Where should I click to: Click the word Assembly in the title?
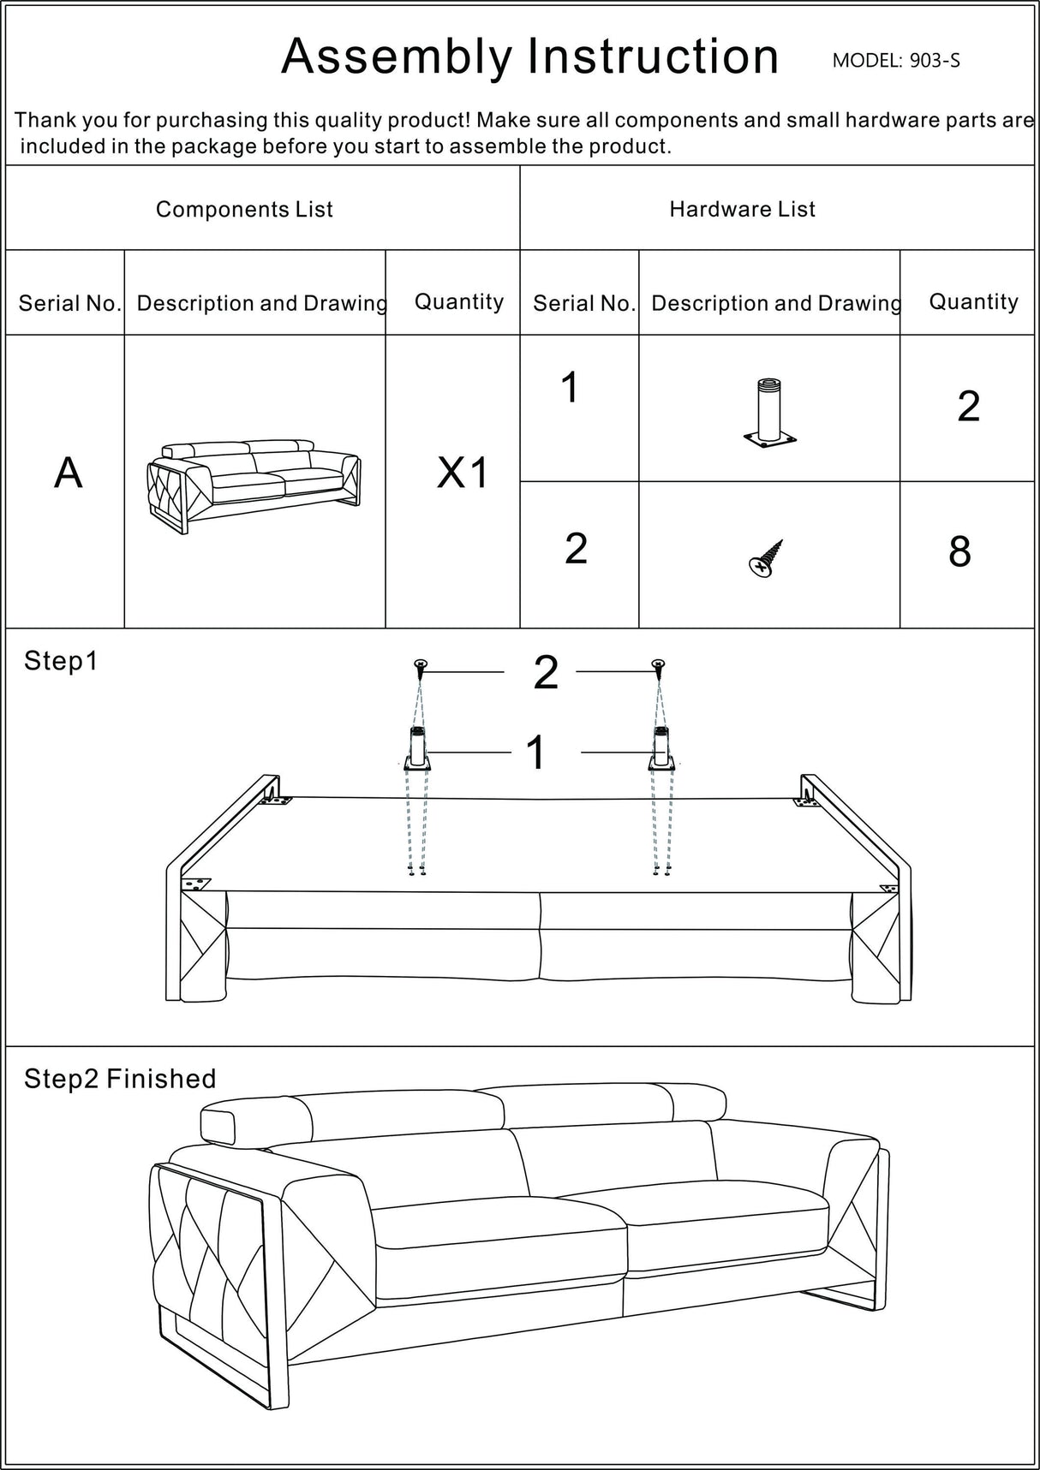[396, 57]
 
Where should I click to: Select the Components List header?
[244, 209]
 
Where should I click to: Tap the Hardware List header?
[742, 209]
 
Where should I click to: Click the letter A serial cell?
[69, 473]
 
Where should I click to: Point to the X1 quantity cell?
[462, 473]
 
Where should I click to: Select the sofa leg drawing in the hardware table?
[769, 414]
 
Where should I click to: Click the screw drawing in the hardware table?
[766, 558]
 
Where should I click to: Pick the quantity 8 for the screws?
[959, 553]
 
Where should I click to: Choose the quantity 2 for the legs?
[968, 406]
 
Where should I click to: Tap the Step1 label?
[61, 661]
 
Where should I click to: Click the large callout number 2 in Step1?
[546, 672]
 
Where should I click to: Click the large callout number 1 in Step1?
[535, 753]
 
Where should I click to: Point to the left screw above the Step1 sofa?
[420, 664]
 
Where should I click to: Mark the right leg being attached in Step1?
[660, 750]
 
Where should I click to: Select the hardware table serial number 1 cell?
[571, 388]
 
